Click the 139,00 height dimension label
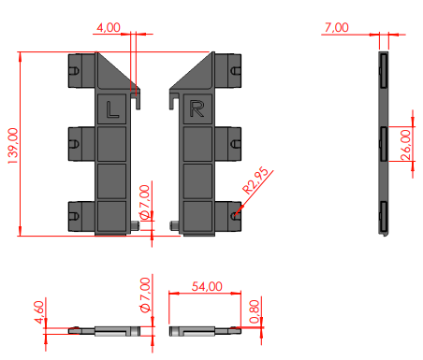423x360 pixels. [x=13, y=146]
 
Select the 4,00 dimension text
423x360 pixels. [x=109, y=27]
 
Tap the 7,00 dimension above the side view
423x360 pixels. [x=337, y=27]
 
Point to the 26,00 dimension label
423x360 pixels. [x=405, y=145]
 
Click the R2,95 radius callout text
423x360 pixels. [x=255, y=180]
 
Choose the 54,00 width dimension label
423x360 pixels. [x=207, y=286]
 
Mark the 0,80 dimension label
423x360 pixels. [x=255, y=311]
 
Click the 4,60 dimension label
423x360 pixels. [x=39, y=312]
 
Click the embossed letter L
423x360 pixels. [x=112, y=109]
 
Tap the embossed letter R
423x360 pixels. [x=197, y=108]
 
